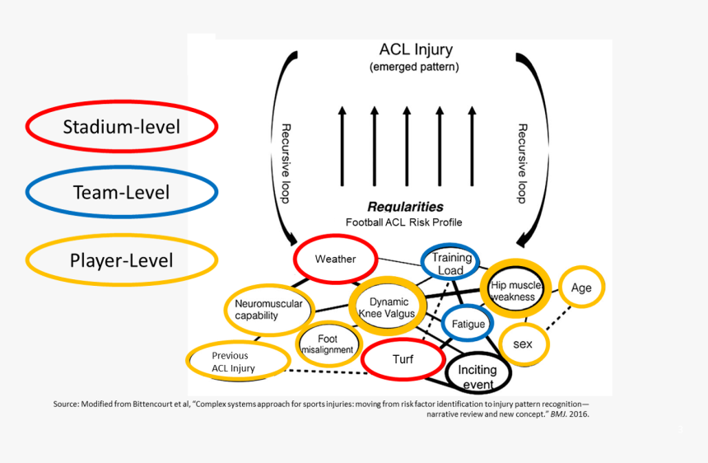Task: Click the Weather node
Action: (336, 259)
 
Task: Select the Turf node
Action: (403, 359)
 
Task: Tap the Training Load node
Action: (450, 263)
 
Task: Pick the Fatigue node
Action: (468, 324)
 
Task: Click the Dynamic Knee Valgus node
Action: (388, 307)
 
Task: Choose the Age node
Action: (581, 288)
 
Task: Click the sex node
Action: (524, 343)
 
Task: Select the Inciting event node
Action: (477, 377)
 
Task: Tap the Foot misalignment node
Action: (328, 344)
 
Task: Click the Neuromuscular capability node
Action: (257, 309)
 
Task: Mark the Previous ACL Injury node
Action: (237, 362)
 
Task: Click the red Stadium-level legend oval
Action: (122, 127)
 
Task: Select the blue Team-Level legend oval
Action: (122, 193)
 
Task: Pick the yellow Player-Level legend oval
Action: (122, 260)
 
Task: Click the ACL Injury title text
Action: (416, 50)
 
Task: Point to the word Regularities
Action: (405, 207)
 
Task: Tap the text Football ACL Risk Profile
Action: (404, 222)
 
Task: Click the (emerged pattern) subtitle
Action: (414, 67)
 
